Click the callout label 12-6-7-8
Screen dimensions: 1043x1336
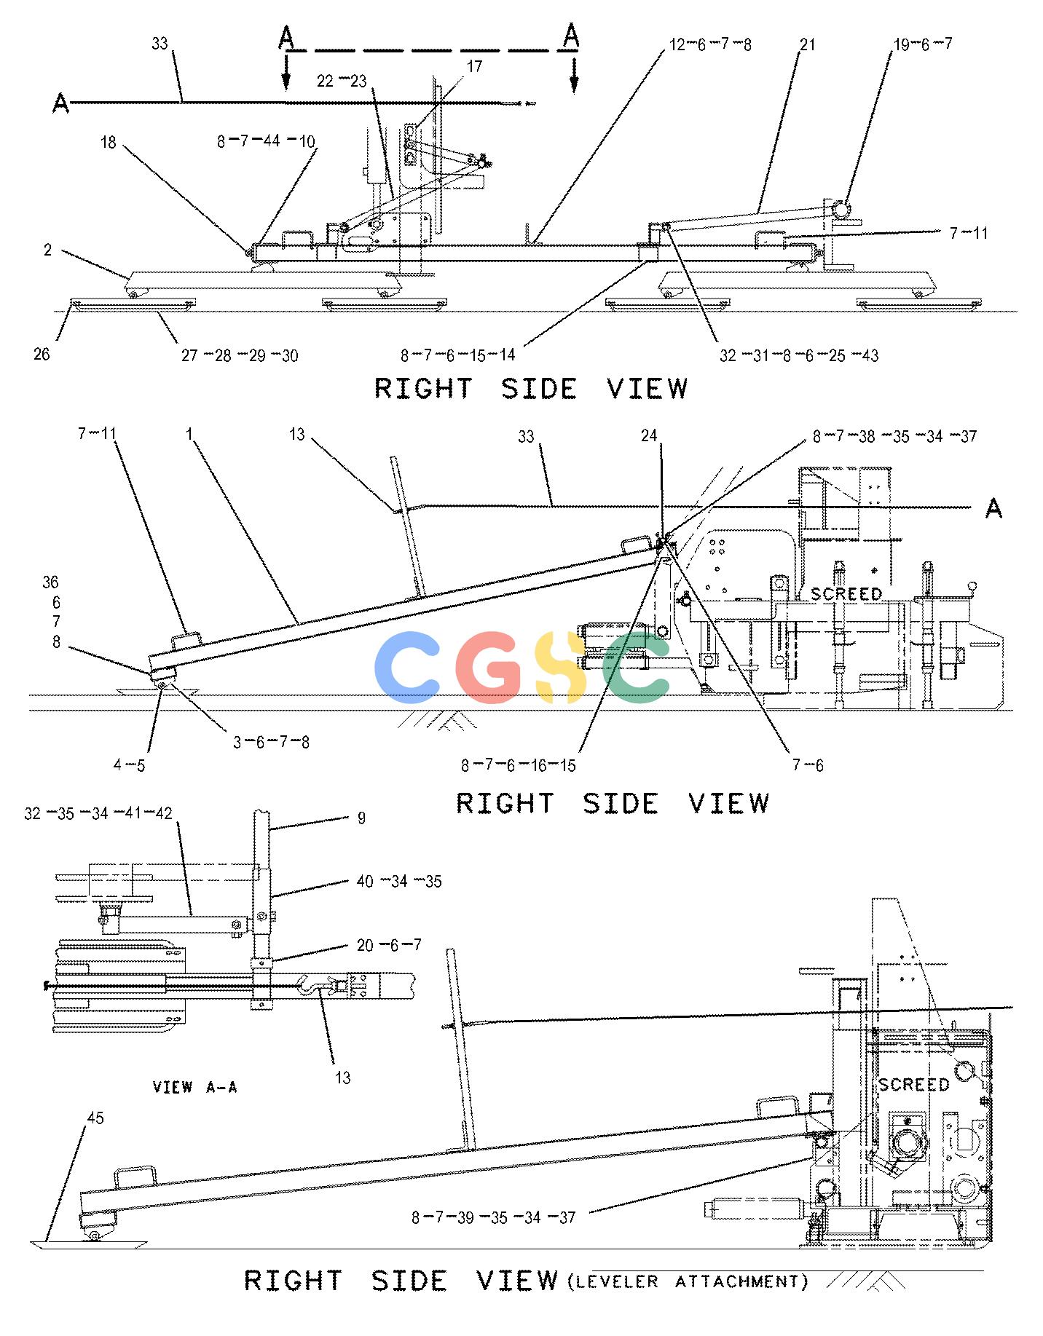tap(710, 44)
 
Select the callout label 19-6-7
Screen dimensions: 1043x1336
tap(923, 44)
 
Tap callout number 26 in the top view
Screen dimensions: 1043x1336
tap(42, 354)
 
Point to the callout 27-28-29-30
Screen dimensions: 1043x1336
tap(240, 355)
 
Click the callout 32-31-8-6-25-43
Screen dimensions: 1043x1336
tap(799, 355)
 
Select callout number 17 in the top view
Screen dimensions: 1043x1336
tap(474, 67)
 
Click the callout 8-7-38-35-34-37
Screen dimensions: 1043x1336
tap(894, 436)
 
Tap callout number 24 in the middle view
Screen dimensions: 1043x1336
tap(649, 435)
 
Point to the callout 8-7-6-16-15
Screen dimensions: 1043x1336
tap(518, 765)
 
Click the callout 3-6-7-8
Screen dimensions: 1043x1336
tap(271, 743)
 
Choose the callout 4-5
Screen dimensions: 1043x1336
tap(129, 765)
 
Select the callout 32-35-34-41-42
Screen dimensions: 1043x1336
tap(98, 813)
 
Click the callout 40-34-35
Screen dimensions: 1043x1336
tap(399, 882)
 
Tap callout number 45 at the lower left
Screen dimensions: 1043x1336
tap(95, 1118)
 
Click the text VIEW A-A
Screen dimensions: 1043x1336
tap(194, 1087)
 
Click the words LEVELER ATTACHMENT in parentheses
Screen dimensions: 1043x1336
tap(688, 1281)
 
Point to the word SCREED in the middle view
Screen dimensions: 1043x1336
tap(846, 594)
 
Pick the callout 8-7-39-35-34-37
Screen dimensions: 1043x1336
tap(494, 1217)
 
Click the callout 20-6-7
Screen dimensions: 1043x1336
tap(389, 945)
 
